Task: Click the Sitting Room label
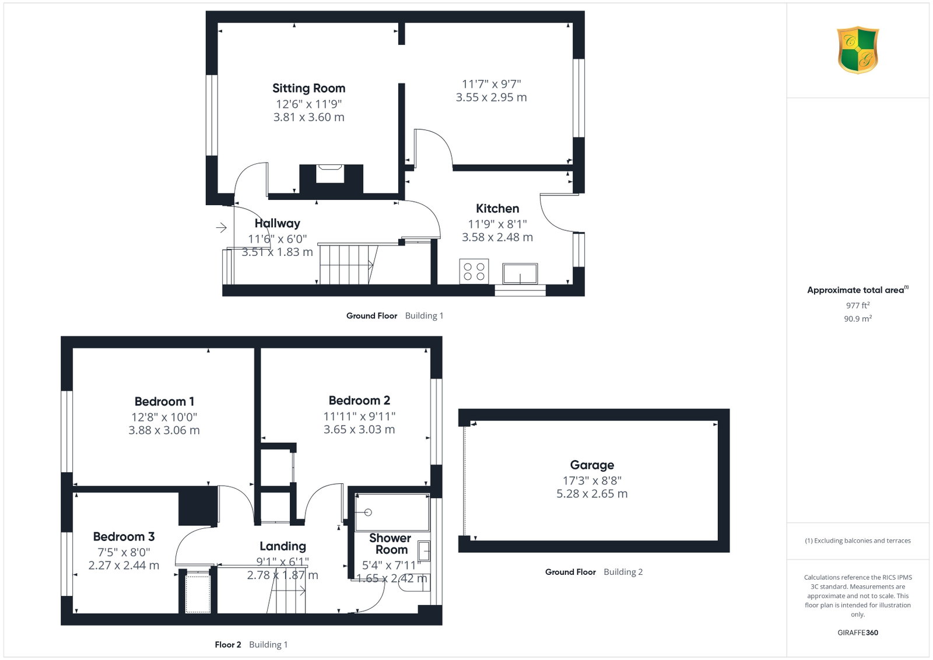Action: pos(308,88)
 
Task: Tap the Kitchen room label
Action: pos(497,208)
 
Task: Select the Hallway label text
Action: pos(278,224)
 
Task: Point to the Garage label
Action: pos(592,465)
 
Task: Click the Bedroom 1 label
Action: pos(164,401)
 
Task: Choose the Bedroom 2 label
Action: pos(359,400)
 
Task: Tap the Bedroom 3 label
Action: pos(124,536)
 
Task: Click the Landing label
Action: pos(283,546)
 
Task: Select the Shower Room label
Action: pos(390,544)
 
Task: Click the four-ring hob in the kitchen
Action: pos(474,272)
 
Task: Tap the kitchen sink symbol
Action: pos(520,273)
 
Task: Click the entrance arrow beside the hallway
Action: pos(221,228)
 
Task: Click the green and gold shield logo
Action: pos(858,50)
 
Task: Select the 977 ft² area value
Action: pos(858,306)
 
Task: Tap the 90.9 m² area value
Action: pos(858,318)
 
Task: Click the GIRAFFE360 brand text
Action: pos(858,633)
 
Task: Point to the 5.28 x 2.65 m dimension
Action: pos(592,493)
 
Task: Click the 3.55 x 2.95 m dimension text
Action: pos(491,97)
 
